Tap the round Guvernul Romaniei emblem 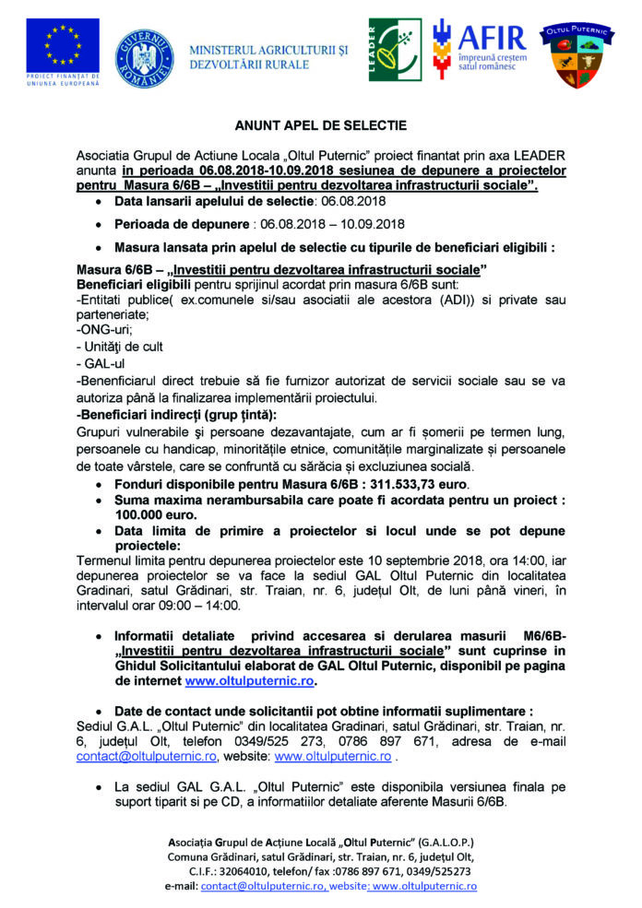tap(144, 56)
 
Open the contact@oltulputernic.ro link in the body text tap(147, 756)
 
